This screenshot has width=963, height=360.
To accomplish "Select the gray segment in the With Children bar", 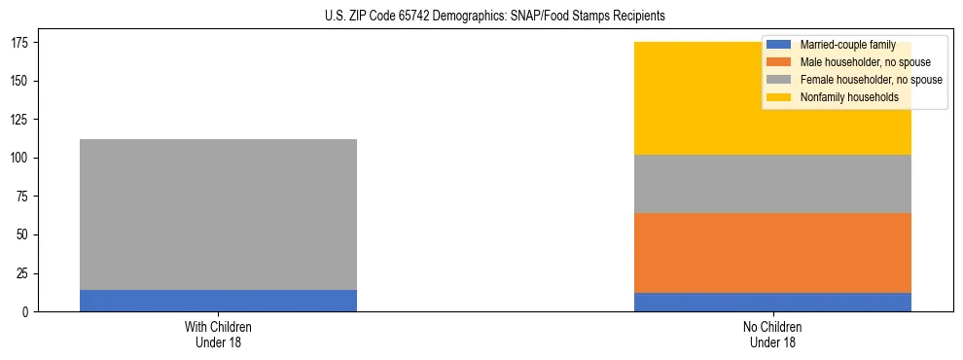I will tap(218, 214).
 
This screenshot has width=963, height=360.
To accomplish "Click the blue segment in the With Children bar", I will tap(218, 301).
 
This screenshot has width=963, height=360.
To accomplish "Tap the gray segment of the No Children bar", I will tap(772, 176).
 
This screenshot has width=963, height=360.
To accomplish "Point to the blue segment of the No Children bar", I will tap(772, 302).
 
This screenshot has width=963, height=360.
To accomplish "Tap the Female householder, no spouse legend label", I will tap(871, 80).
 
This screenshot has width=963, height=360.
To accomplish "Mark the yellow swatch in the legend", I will tap(779, 97).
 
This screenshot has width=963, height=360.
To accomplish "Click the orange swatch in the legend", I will tap(779, 62).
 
